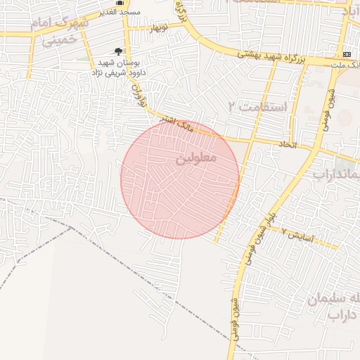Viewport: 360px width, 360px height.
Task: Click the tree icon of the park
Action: pos(117,51)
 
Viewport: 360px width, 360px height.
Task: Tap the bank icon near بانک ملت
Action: pos(347,54)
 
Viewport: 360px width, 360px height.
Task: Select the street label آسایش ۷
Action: pos(295,232)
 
